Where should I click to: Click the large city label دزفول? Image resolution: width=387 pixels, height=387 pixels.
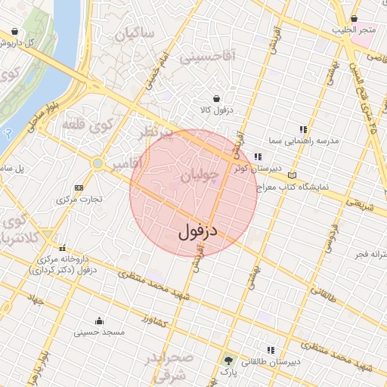(x=198, y=231)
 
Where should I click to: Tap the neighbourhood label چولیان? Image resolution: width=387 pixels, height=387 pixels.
(x=200, y=177)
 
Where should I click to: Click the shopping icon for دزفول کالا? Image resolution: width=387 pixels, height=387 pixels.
(x=218, y=98)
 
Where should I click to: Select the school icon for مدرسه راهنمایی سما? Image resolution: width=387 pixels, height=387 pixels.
(x=304, y=129)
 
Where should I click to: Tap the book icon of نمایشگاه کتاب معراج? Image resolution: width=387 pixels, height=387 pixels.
(x=293, y=175)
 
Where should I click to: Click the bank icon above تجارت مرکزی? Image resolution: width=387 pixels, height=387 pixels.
(x=79, y=187)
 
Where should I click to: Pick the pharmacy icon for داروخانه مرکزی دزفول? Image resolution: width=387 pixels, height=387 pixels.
(x=62, y=247)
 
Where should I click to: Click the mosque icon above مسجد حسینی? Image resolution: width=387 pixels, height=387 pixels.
(x=99, y=320)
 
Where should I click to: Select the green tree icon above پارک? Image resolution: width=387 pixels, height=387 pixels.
(x=228, y=360)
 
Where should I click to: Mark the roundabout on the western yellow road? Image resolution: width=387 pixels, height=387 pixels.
(x=97, y=163)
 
